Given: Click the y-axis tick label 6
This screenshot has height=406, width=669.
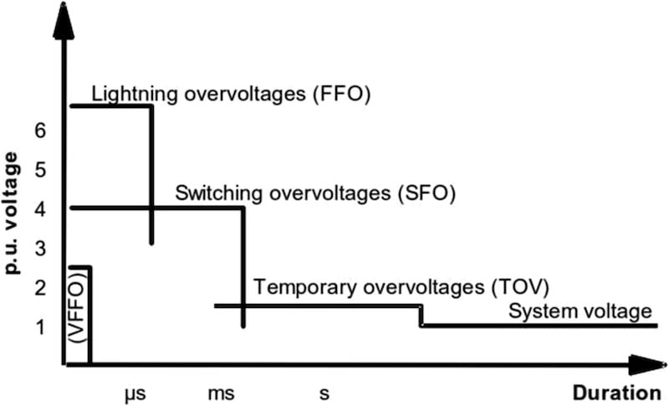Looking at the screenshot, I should click(x=39, y=131).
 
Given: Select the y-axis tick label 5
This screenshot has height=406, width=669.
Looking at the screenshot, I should click(x=39, y=171).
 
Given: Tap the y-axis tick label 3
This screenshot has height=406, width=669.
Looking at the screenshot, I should click(x=39, y=249).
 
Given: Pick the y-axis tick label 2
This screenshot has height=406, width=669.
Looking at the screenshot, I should click(x=39, y=288).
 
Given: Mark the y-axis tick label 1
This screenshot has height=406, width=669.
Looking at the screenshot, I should click(x=39, y=326).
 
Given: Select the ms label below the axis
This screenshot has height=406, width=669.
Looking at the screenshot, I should click(x=221, y=392).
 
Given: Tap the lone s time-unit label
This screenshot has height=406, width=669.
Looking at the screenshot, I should click(x=324, y=392).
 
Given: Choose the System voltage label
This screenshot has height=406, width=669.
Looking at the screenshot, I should click(x=580, y=312).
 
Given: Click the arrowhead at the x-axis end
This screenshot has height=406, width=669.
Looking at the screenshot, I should click(x=647, y=365).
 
